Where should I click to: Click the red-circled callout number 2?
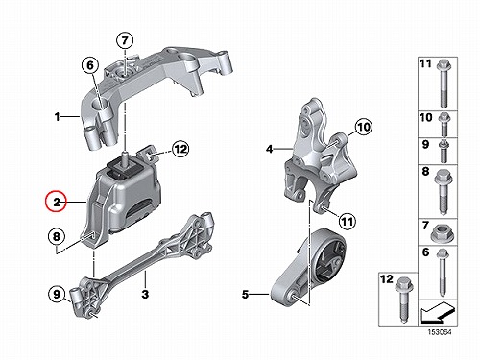point(56,202)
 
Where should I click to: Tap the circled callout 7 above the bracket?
point(125,40)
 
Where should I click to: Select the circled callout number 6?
point(90,65)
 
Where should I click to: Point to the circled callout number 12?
point(180,149)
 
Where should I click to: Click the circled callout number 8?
point(57,237)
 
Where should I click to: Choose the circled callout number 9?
point(57,294)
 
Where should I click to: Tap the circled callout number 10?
point(363,128)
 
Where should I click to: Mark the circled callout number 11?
point(348,222)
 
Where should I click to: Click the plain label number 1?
point(58,117)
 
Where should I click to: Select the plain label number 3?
point(145,294)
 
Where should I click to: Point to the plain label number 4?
point(270,149)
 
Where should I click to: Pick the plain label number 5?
point(245,294)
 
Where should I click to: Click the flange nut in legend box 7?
point(444,232)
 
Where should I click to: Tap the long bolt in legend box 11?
point(444,84)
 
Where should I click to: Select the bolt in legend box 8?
point(444,191)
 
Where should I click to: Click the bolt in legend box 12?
point(404,299)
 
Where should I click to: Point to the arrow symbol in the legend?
point(438,312)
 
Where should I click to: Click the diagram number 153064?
point(440,332)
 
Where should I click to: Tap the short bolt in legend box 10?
point(444,124)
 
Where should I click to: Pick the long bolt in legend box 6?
point(444,273)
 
